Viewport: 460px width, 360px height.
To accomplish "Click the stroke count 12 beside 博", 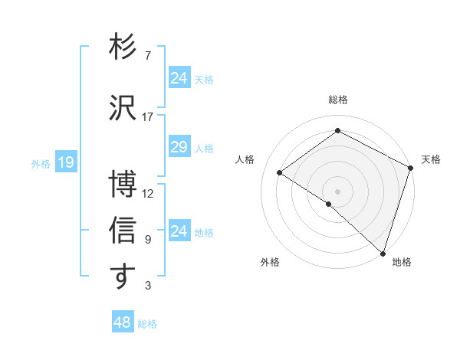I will tap(148, 194).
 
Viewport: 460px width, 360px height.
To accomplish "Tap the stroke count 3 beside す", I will tap(147, 286).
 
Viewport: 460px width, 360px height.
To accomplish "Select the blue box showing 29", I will tap(179, 147).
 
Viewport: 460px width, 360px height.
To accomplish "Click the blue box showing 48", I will tap(122, 322).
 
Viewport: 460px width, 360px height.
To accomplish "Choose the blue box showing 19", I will tap(65, 162).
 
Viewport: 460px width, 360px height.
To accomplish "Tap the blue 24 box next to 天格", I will tap(179, 77).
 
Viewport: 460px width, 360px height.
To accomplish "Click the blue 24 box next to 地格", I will tap(179, 231).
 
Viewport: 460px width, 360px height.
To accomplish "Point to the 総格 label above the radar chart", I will tap(338, 100).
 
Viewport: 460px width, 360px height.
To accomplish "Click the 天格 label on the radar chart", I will tap(431, 159).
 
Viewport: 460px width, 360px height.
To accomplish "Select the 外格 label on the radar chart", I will tap(270, 262).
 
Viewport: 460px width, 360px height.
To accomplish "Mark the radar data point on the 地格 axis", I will tap(383, 252).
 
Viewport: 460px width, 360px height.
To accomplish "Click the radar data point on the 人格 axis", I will tap(280, 172).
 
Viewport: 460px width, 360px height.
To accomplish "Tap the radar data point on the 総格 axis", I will tap(337, 131).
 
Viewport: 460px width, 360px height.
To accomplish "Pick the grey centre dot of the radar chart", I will tap(337, 190).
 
